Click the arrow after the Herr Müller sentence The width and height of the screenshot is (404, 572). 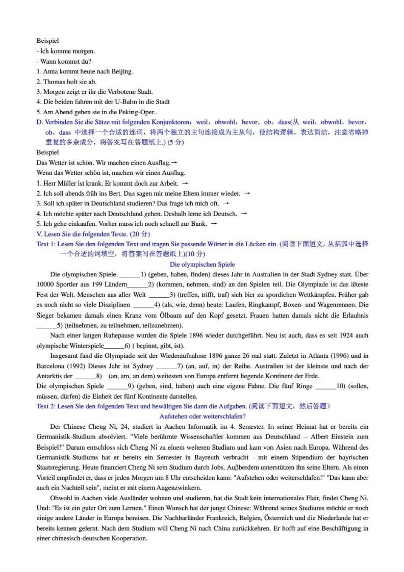point(185,183)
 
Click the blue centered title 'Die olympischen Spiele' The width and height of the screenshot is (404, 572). point(202,265)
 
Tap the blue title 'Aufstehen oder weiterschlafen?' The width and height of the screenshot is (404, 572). point(202,416)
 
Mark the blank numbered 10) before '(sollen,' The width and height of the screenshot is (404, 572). point(324,386)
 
